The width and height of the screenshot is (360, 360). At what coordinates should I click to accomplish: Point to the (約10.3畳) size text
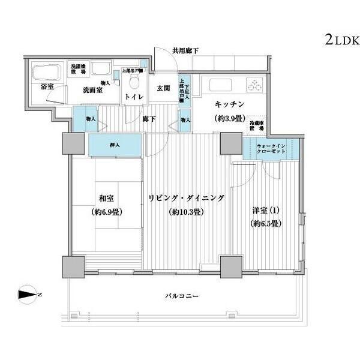click(185, 212)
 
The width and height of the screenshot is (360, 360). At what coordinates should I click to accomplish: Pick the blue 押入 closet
click(115, 144)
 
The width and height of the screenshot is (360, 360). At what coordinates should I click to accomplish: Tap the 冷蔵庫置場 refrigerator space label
click(258, 125)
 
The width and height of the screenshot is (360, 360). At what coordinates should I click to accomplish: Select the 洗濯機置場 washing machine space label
click(78, 68)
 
